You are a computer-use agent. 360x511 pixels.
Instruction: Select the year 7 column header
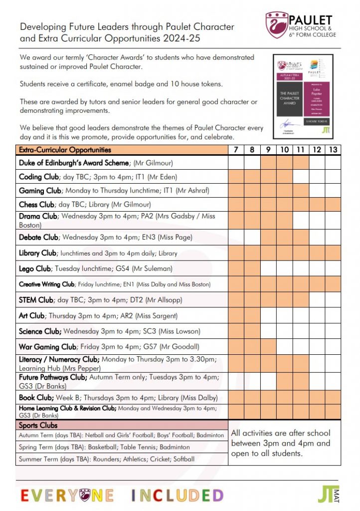point(236,150)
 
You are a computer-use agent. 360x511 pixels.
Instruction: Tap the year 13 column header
point(333,150)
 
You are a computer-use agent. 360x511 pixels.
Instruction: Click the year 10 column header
point(284,150)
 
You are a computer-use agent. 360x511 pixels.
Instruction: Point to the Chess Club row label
point(36,205)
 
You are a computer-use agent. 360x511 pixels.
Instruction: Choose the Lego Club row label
point(35,268)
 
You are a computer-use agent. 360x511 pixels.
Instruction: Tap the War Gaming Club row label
point(47,347)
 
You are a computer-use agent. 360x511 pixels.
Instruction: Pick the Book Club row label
point(36,398)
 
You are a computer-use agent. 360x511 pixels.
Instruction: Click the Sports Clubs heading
point(38,426)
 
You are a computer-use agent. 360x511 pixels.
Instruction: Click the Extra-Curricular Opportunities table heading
point(65,150)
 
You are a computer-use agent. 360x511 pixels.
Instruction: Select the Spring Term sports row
point(104,448)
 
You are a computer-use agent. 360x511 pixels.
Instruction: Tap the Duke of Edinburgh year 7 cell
point(236,163)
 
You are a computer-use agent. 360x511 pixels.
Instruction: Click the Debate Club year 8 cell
point(252,237)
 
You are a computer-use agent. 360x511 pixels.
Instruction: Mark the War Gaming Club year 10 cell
point(284,347)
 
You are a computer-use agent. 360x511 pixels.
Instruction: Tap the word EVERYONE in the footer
point(67,495)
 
